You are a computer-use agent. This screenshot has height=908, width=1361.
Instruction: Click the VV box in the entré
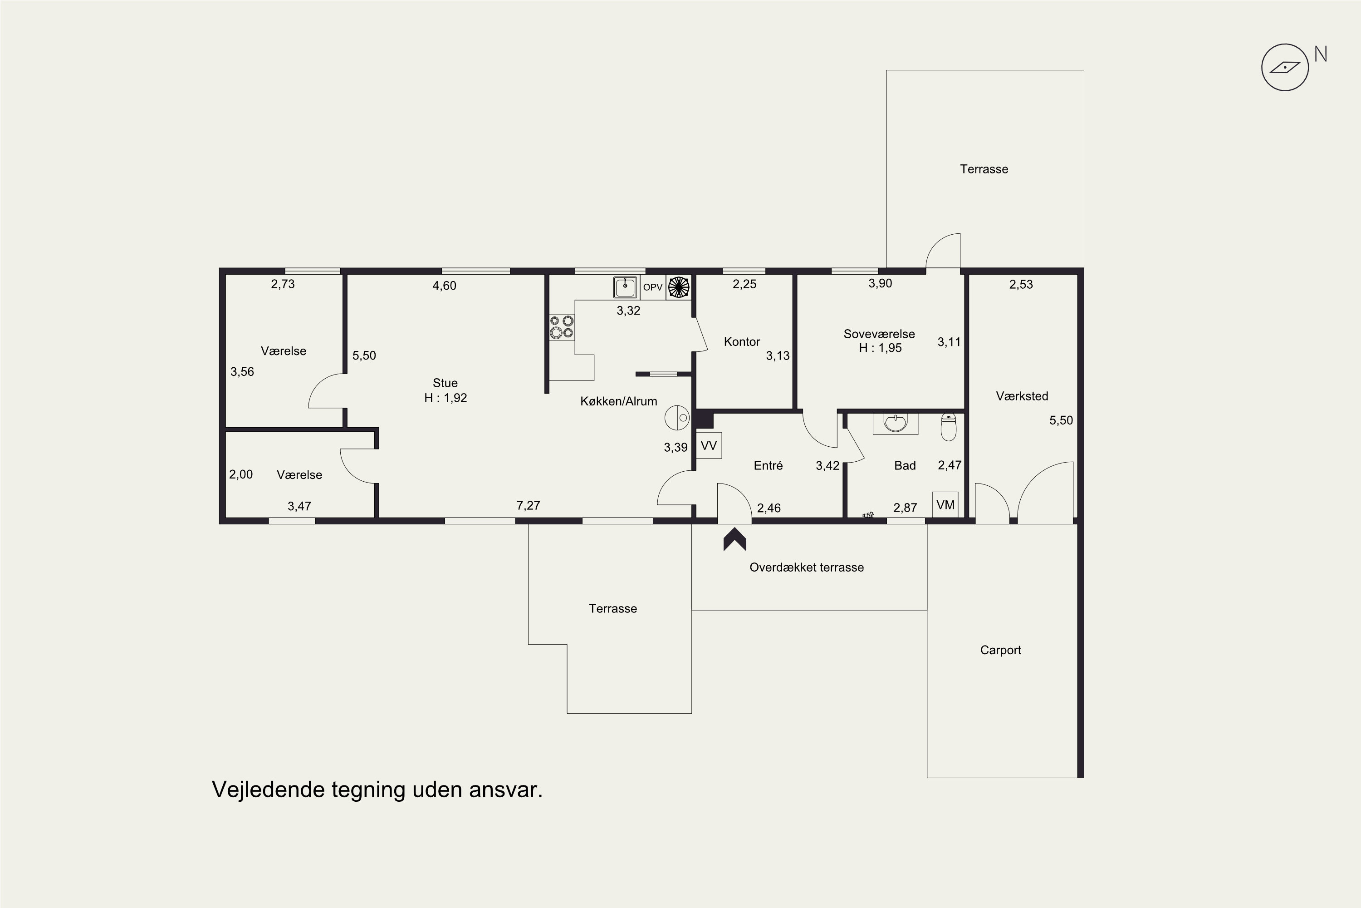pyautogui.click(x=709, y=445)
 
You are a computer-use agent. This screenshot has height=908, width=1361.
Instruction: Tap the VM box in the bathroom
pyautogui.click(x=945, y=504)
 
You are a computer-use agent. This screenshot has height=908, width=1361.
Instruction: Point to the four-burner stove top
pyautogui.click(x=561, y=326)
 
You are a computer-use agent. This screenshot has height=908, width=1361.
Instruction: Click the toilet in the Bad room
pyautogui.click(x=949, y=426)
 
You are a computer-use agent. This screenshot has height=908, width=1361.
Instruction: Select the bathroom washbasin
pyautogui.click(x=895, y=423)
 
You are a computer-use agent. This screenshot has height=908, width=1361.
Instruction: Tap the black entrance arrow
pyautogui.click(x=735, y=539)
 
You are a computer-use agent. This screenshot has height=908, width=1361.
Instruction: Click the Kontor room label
pyautogui.click(x=742, y=342)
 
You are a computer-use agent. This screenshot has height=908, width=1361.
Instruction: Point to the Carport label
pyautogui.click(x=1000, y=650)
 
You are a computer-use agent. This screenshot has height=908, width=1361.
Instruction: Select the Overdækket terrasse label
pyautogui.click(x=807, y=567)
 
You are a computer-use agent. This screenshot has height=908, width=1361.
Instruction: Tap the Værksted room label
pyautogui.click(x=1022, y=396)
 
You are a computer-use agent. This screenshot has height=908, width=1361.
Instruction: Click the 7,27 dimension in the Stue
pyautogui.click(x=529, y=506)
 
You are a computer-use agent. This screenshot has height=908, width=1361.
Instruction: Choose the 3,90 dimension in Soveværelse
pyautogui.click(x=880, y=283)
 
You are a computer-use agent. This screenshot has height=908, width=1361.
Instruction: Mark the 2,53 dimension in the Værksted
pyautogui.click(x=1021, y=284)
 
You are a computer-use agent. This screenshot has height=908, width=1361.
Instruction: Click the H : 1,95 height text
pyautogui.click(x=880, y=348)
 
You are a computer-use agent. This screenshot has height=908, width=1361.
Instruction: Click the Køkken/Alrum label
pyautogui.click(x=619, y=401)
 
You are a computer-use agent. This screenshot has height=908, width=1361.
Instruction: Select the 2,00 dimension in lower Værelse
pyautogui.click(x=241, y=474)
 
